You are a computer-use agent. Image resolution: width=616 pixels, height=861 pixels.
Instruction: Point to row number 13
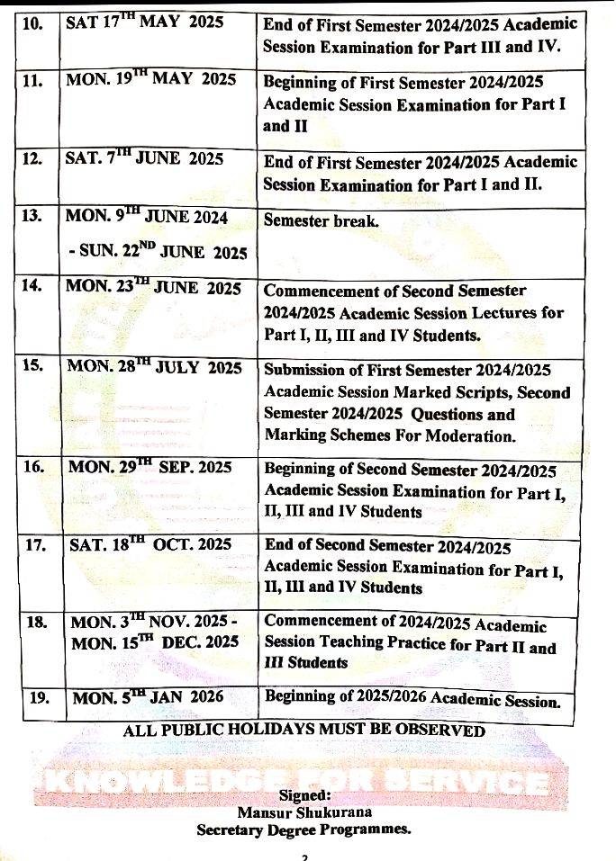33,217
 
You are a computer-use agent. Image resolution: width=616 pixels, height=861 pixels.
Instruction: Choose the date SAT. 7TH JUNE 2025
144,159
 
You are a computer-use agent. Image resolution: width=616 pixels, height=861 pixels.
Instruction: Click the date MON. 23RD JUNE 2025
154,289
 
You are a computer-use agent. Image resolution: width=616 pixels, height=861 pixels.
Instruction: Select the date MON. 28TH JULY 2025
155,368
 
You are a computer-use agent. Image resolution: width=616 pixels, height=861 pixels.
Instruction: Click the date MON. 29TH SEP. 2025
150,468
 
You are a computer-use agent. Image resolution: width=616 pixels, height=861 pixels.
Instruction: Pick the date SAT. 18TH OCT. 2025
150,545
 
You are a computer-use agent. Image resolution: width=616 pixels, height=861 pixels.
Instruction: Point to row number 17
33,545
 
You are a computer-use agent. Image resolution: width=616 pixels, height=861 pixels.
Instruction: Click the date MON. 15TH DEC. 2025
155,642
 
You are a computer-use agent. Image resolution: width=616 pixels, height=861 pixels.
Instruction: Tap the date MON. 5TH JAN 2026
147,697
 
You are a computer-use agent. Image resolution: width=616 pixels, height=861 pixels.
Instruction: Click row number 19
36,697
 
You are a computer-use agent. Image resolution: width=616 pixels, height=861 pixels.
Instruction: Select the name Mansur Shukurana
304,812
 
